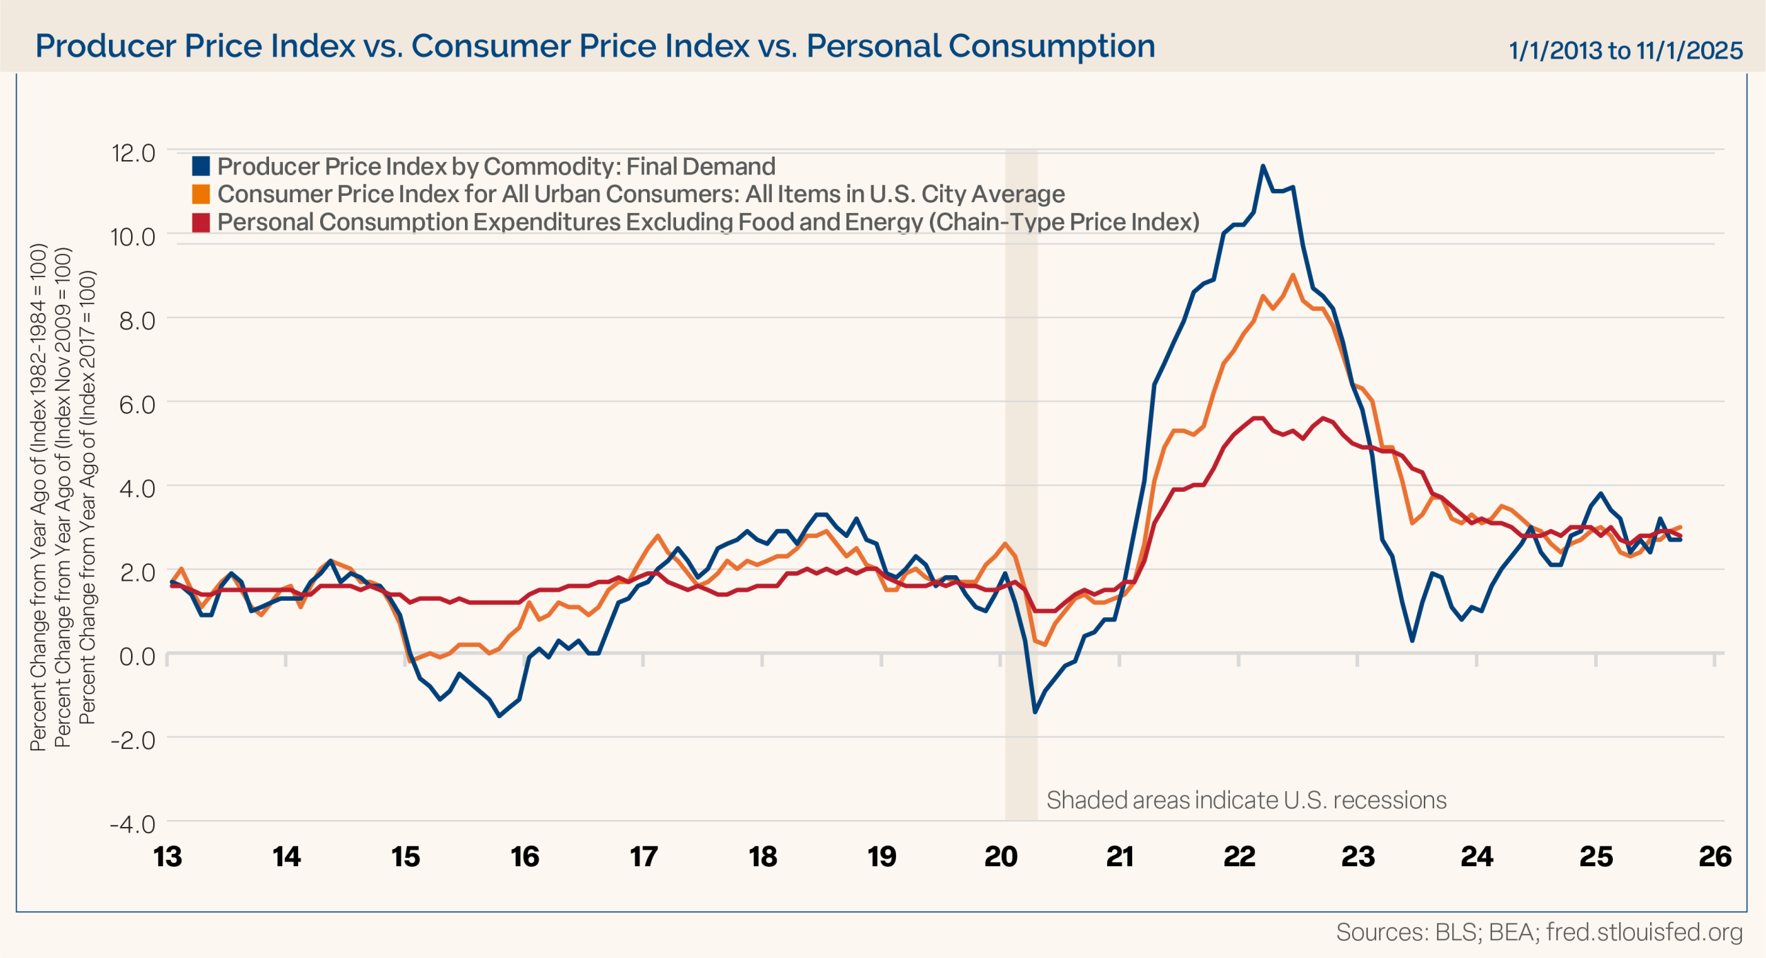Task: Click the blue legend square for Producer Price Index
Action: pos(201,166)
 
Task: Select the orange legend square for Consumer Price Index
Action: pos(201,194)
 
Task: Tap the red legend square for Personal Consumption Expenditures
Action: pos(201,223)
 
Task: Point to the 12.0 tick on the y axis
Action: pos(134,152)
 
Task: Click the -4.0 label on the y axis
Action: pos(132,824)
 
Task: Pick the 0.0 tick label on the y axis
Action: pos(137,656)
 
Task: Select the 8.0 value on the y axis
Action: pos(137,321)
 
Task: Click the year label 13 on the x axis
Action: pos(168,857)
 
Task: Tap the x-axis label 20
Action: pos(1001,857)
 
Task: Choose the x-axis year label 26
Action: pos(1715,857)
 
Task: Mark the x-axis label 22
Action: pos(1239,857)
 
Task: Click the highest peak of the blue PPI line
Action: pos(1262,166)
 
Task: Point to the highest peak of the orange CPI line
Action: pos(1292,275)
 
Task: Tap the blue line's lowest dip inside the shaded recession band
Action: pos(1035,712)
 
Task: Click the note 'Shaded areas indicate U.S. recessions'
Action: pos(1246,800)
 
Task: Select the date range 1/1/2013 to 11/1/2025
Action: pos(1625,50)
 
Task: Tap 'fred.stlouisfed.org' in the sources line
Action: pos(1645,932)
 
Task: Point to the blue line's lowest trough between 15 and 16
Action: pos(499,716)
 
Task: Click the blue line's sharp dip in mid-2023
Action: pos(1412,641)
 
